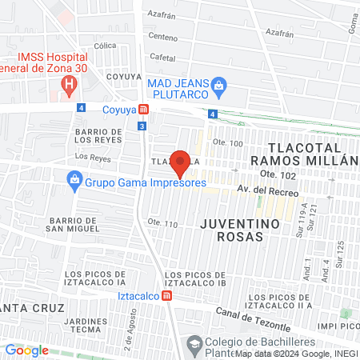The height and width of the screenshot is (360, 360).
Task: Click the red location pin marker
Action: click(x=181, y=162)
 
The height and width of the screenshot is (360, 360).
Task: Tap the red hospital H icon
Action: click(x=70, y=82)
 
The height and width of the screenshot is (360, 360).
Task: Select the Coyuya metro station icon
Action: click(x=143, y=109)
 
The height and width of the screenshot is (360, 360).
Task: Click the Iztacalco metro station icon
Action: click(x=166, y=294)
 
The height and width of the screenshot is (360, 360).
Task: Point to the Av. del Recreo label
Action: click(x=267, y=192)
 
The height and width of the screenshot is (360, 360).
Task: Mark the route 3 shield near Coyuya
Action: click(x=142, y=126)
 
